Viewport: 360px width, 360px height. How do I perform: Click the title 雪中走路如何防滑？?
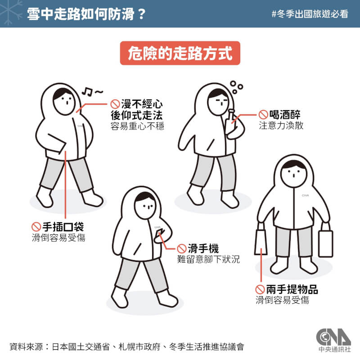(x=85, y=13)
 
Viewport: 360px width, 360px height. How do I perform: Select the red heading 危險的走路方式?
(x=180, y=54)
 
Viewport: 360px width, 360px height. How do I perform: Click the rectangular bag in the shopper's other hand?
(x=325, y=243)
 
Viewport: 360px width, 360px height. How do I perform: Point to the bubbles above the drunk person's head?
(x=236, y=85)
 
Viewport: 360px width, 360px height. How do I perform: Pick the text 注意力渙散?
(x=281, y=126)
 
